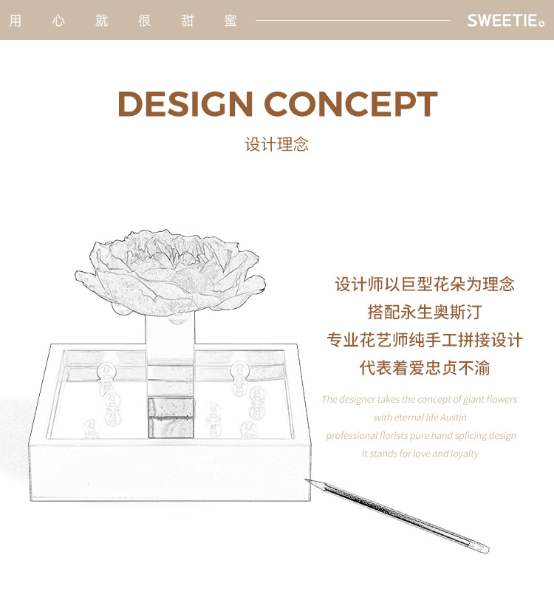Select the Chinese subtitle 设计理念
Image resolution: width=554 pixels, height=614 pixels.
[277, 144]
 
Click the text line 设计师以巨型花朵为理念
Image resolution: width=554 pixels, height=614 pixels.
[425, 284]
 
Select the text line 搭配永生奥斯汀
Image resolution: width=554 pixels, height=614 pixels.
[425, 312]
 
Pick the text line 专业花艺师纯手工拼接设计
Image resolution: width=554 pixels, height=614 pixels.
[425, 340]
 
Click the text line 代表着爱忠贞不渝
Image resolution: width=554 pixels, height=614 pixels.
[425, 367]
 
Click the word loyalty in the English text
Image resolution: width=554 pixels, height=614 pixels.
[463, 454]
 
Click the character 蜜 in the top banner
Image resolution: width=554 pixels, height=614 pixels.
[230, 21]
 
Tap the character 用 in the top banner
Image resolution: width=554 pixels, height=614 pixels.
[15, 21]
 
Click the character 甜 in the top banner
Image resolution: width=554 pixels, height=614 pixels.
[188, 21]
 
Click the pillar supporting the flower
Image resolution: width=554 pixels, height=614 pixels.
[171, 347]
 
